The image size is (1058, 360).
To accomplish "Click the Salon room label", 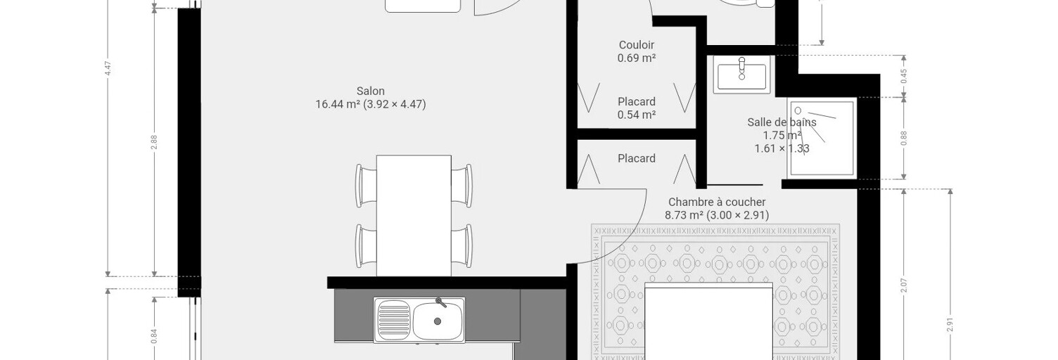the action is point(371,91).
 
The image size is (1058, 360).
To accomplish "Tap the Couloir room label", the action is point(637,45).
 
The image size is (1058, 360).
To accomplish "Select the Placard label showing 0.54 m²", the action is point(637,108).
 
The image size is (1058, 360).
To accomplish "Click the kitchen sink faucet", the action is point(440,302).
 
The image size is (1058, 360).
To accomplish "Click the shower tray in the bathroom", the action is point(822,137).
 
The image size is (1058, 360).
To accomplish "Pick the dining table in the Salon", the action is point(414,216).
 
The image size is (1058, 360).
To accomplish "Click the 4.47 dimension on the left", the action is point(108,68).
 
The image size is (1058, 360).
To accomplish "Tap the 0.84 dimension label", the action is point(154,336).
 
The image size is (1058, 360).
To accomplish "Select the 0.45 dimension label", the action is point(903,77).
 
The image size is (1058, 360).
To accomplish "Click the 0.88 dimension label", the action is point(903,138).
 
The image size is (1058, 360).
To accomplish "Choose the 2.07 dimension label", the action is point(903,285).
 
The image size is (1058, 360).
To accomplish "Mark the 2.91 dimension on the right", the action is point(950,324).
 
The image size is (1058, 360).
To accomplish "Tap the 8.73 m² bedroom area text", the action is point(685,215).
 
